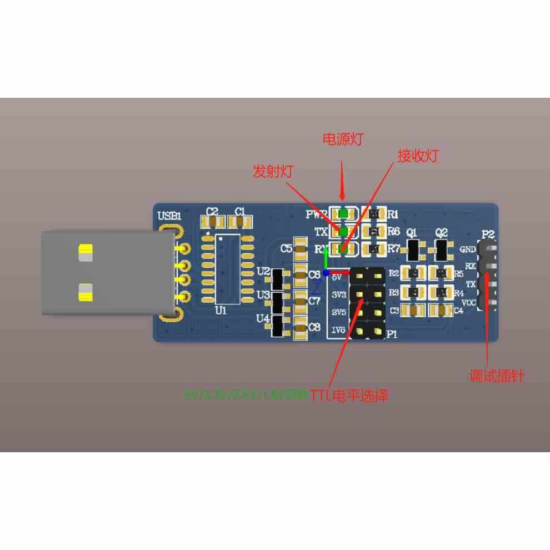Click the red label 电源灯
coord(343,139)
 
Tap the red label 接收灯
coord(418,156)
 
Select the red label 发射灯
coord(273,171)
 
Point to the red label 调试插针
coord(497,376)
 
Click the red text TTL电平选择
coord(349,396)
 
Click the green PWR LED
coord(343,213)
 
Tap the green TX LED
coord(343,231)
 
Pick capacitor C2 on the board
coord(212,222)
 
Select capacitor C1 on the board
coord(240,222)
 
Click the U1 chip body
coord(228,268)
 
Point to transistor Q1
coord(413,250)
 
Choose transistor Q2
coord(442,250)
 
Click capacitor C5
coord(301,249)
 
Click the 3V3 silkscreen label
coord(338,293)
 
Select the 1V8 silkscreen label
coord(338,331)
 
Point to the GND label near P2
coord(468,250)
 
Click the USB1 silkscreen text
coord(169,216)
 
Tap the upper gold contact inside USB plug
coord(86,252)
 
